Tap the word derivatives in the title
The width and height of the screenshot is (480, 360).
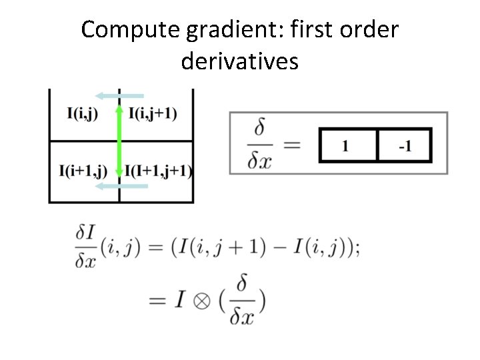coord(239,61)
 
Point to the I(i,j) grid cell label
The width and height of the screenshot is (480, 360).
coord(82,113)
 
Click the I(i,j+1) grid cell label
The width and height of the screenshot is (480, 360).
coord(153,113)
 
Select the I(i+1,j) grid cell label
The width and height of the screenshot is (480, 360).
coord(83,171)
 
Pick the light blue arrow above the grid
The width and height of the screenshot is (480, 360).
coord(119,96)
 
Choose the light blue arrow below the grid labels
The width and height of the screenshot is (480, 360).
coord(120,187)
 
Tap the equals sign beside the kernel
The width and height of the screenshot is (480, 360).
coord(291,143)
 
